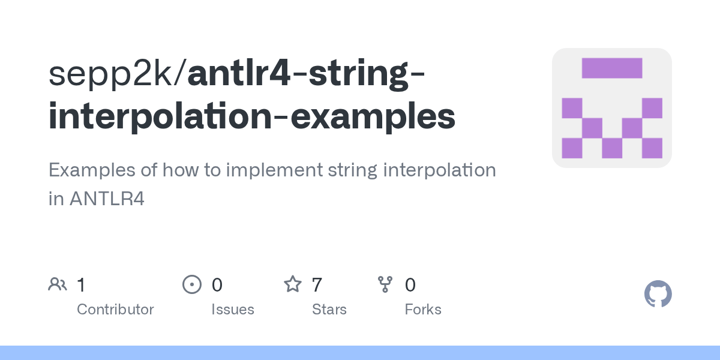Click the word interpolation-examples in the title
[252, 117]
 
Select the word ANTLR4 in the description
[106, 199]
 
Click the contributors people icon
[58, 284]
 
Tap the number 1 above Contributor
[81, 284]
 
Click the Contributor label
[115, 310]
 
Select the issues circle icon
[191, 284]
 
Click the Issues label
[232, 310]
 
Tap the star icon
[292, 284]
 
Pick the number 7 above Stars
[317, 284]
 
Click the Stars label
[329, 310]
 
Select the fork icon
[385, 284]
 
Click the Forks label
[423, 310]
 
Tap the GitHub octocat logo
[658, 294]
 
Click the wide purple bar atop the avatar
[612, 68]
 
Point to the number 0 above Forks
[410, 284]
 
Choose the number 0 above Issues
[217, 284]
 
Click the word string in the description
[349, 170]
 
